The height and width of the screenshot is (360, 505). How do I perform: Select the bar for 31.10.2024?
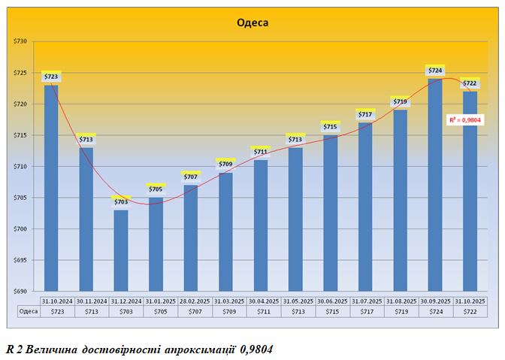coord(50,188)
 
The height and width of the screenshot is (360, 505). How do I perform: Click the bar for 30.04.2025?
coord(260,225)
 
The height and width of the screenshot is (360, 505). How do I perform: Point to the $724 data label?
coord(435,71)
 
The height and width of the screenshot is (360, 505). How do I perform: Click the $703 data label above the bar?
coord(121,202)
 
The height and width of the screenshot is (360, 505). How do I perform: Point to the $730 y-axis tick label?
coord(20,41)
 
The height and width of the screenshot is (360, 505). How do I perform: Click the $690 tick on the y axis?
coord(20,292)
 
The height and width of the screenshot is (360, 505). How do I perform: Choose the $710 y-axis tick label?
coord(20,166)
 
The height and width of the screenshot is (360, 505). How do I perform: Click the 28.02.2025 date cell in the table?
coord(191,301)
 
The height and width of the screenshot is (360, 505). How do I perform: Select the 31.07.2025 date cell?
coord(365,301)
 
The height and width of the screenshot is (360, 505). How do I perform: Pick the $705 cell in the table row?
coord(156,310)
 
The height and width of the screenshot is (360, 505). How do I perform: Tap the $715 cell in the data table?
coord(330,310)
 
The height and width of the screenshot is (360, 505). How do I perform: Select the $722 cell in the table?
coord(470,310)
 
